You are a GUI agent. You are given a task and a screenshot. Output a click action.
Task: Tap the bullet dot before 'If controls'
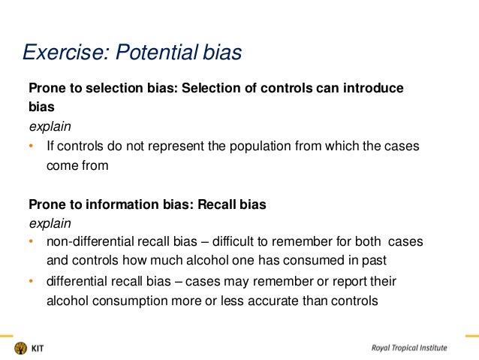point(31,146)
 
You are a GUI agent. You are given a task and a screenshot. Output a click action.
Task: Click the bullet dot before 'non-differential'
point(31,242)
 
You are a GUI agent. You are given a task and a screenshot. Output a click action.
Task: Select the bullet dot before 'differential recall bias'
point(31,282)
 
